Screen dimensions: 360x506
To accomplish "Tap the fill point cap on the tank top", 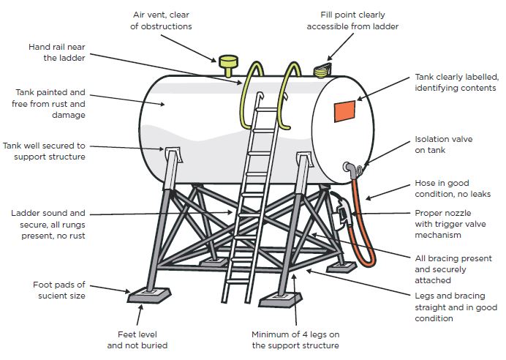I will click(x=321, y=70).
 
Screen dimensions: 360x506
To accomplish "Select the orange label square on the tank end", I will click(x=344, y=111).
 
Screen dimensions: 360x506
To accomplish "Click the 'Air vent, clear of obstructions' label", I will click(x=162, y=20).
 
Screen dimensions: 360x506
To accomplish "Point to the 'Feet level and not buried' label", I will click(x=137, y=340).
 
